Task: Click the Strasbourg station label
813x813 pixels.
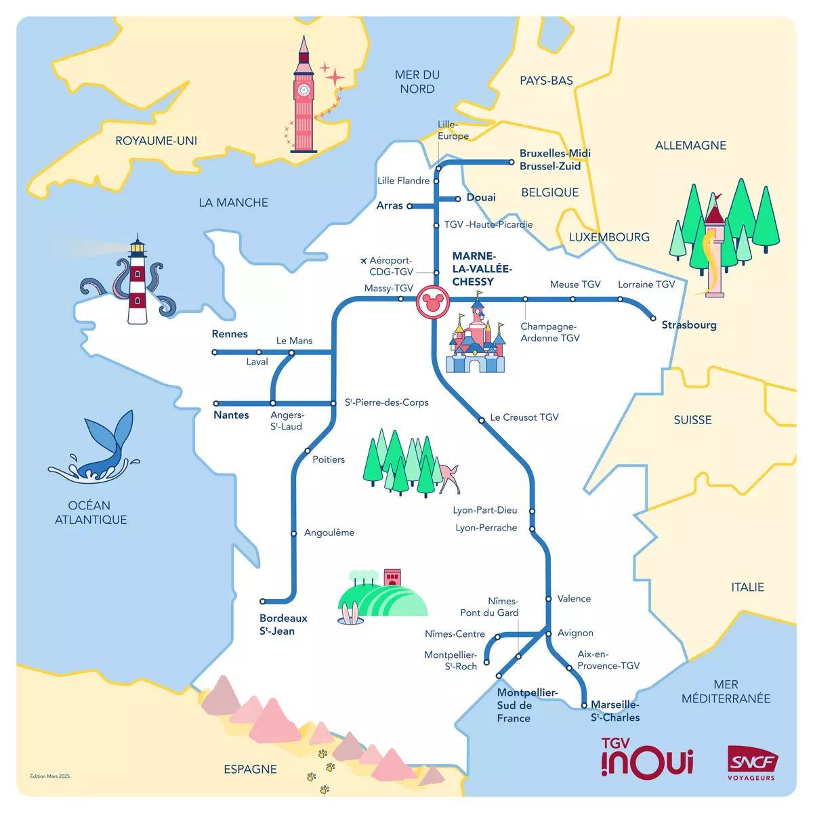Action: [688, 325]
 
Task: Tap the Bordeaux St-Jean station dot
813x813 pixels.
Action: [263, 601]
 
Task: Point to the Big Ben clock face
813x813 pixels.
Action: [304, 89]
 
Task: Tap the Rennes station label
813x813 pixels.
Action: [230, 334]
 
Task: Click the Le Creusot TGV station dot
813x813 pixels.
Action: [482, 420]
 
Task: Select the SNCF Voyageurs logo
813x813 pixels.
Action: [751, 763]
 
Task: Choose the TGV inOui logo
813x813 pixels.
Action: [647, 758]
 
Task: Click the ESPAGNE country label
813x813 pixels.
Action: [250, 769]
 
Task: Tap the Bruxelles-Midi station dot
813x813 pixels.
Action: [512, 162]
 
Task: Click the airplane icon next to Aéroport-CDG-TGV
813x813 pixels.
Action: [363, 260]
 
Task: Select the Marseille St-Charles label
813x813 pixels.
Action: [614, 711]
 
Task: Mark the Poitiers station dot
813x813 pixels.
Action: [308, 451]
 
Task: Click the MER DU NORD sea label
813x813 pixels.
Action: [417, 82]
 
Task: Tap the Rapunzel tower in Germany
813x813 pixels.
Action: [715, 251]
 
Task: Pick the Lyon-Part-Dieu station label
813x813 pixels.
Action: [484, 510]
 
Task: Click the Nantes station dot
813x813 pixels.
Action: [216, 404]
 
